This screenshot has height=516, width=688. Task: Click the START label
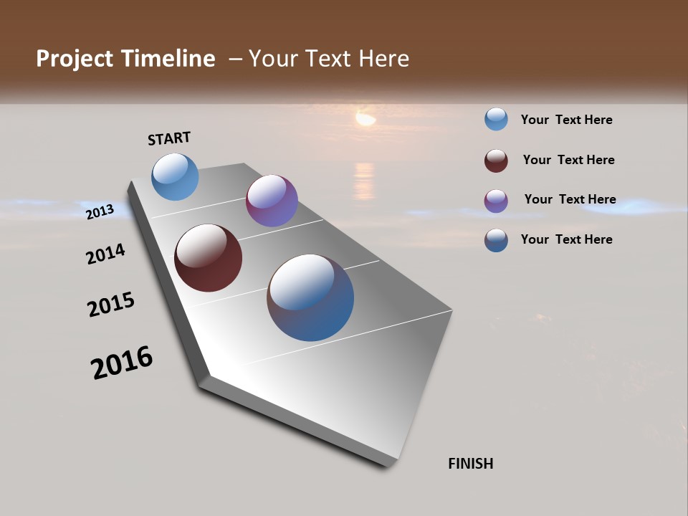pyautogui.click(x=169, y=138)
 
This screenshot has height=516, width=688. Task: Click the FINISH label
pyautogui.click(x=470, y=464)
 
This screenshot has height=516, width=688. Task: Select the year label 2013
pyautogui.click(x=100, y=211)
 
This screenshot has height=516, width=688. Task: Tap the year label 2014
pyautogui.click(x=105, y=254)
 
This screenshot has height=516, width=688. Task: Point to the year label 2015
pyautogui.click(x=111, y=305)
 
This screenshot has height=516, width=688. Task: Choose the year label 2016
pyautogui.click(x=122, y=363)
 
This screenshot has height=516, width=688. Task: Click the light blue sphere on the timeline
pyautogui.click(x=175, y=176)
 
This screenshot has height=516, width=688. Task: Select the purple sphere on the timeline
pyautogui.click(x=272, y=201)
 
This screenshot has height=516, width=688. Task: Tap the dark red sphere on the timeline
pyautogui.click(x=208, y=258)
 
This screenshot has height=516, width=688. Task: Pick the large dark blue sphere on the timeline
pyautogui.click(x=310, y=297)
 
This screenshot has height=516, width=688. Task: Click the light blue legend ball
pyautogui.click(x=496, y=119)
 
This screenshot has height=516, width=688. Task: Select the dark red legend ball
pyautogui.click(x=496, y=161)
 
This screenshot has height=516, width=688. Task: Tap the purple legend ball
pyautogui.click(x=496, y=201)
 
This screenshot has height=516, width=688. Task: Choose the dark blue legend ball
pyautogui.click(x=496, y=240)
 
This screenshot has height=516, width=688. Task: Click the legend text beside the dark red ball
pyautogui.click(x=568, y=160)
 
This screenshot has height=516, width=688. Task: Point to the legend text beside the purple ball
pyautogui.click(x=570, y=199)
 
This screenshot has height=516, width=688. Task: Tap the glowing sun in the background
pyautogui.click(x=365, y=118)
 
